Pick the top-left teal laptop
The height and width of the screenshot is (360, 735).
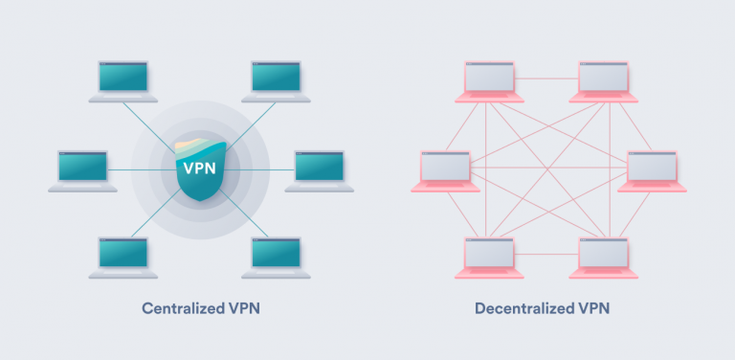point(124,79)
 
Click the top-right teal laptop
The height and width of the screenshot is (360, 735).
point(278,79)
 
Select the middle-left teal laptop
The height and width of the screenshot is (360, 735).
point(82,169)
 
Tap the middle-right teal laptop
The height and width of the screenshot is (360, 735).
point(320,169)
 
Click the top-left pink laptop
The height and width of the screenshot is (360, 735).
point(489,79)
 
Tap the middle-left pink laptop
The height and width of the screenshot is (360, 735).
point(445,169)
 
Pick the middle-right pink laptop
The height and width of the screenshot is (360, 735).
point(650,169)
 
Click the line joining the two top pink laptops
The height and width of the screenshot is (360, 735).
point(546,78)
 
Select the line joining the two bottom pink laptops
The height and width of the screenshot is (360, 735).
point(546,255)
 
